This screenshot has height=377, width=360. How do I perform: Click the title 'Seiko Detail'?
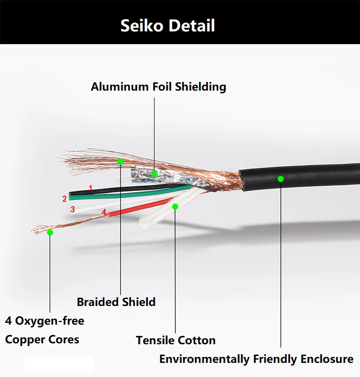[168, 25]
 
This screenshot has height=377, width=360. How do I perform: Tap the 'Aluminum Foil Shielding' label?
[158, 87]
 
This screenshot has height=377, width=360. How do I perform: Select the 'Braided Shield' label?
[116, 302]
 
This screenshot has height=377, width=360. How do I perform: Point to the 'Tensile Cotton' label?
[175, 340]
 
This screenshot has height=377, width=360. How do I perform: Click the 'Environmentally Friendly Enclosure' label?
[256, 359]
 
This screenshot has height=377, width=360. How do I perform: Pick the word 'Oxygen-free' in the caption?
[50, 321]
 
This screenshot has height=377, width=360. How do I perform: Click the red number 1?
[91, 188]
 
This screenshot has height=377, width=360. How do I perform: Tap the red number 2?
[65, 199]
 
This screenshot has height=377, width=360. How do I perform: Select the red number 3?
[72, 209]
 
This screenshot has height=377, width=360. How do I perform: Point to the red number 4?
[104, 212]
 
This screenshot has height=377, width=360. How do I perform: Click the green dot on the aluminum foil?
[154, 174]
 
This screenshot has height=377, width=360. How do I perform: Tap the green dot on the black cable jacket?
[281, 179]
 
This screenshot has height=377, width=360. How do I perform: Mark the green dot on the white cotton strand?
[175, 207]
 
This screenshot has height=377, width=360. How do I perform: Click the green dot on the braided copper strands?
[120, 161]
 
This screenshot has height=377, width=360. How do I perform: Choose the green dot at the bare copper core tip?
[50, 233]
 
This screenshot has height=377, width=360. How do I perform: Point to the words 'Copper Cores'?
[42, 340]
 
